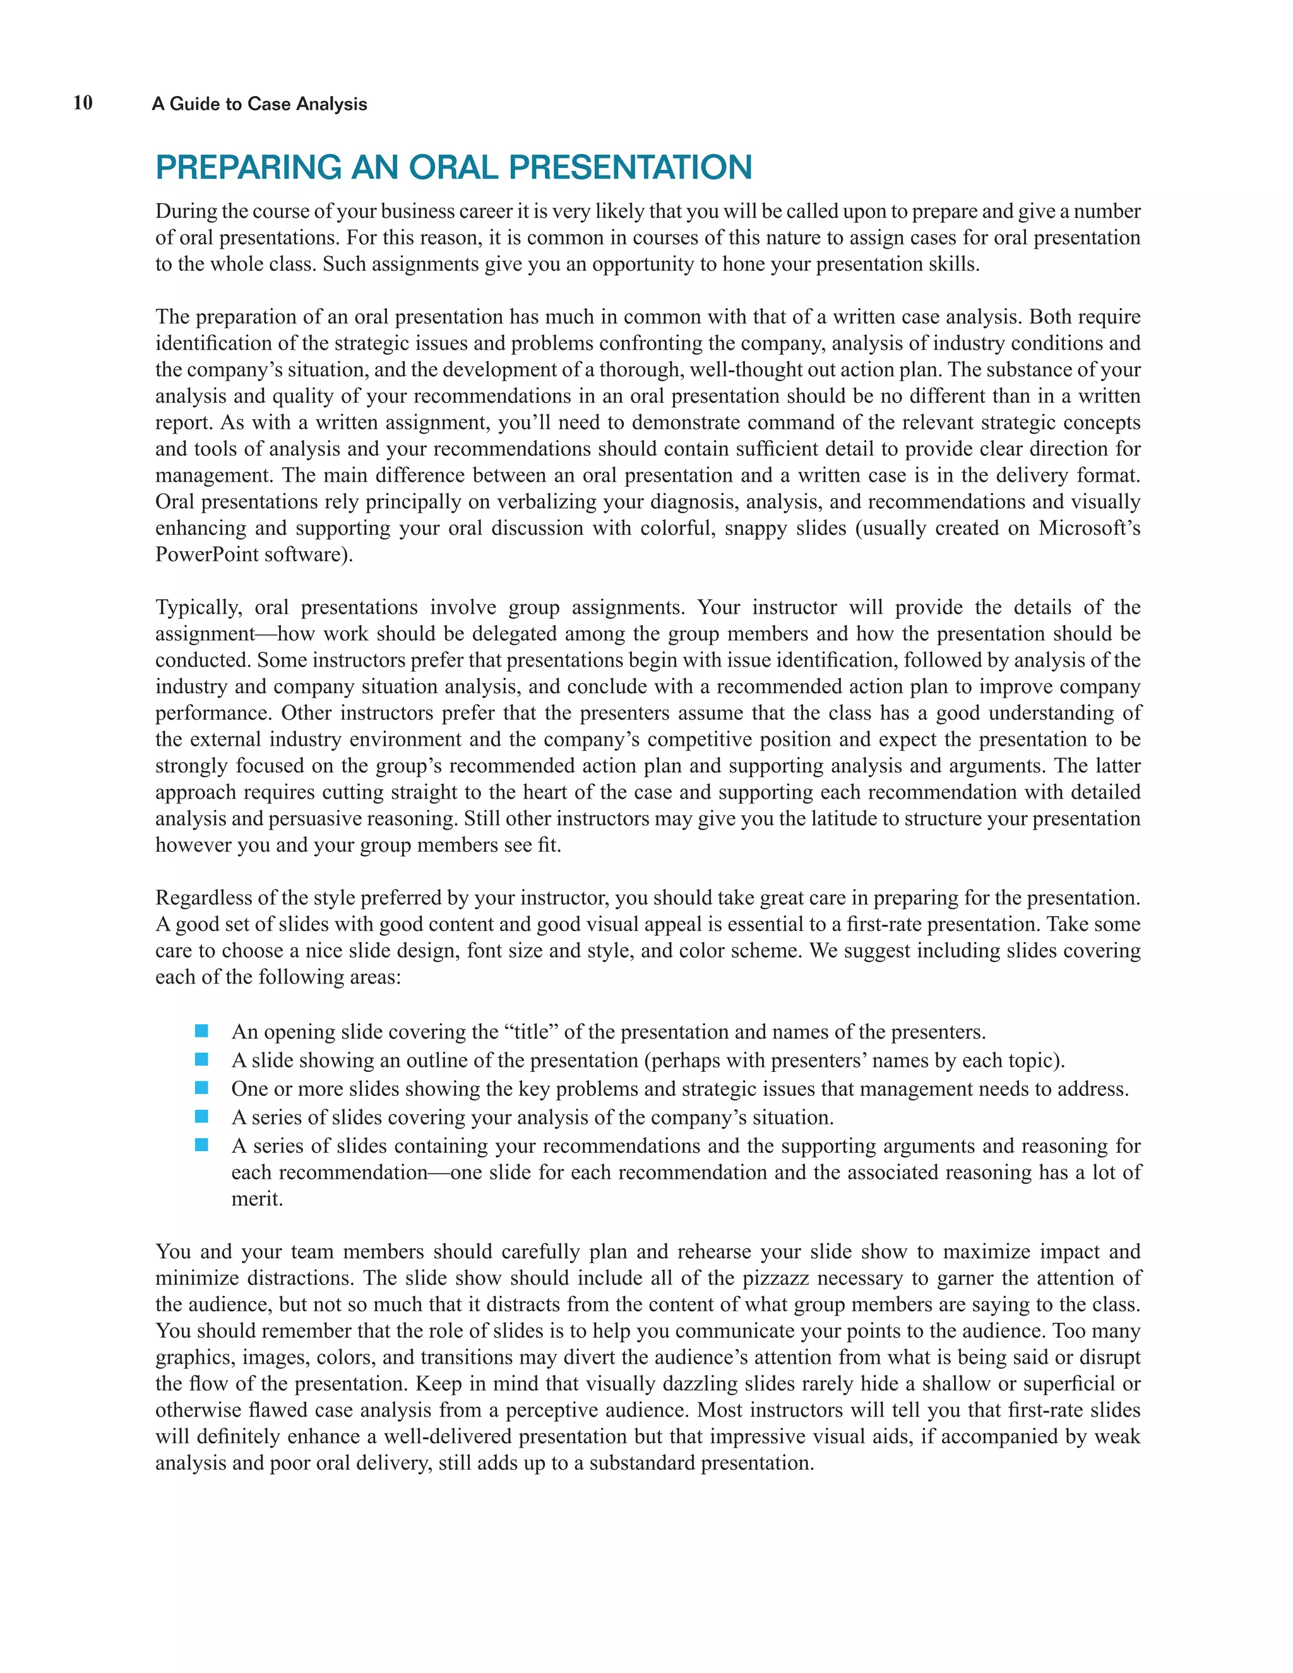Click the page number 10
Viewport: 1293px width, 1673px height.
click(x=83, y=103)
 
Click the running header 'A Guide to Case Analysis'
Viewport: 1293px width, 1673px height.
click(x=259, y=104)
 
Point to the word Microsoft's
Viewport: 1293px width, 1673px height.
click(x=1089, y=528)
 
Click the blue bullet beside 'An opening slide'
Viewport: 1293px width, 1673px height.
click(x=201, y=1031)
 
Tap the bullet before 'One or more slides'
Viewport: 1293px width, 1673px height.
click(x=201, y=1088)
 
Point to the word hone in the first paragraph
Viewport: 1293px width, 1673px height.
click(x=739, y=265)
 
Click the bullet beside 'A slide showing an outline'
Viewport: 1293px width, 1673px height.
click(x=201, y=1060)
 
